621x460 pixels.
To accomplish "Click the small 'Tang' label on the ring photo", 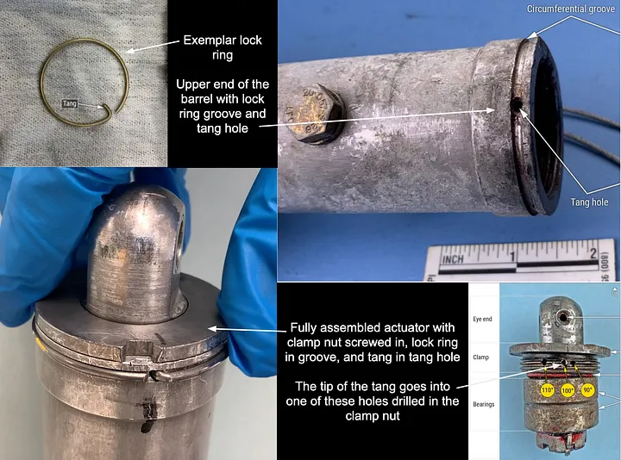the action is [70, 104].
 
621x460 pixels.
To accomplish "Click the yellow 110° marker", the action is [548, 390].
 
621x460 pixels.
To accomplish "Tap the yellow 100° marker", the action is [568, 390].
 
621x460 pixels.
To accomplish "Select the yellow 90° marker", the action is [587, 390].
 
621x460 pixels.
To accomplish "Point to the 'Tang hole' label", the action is [589, 202].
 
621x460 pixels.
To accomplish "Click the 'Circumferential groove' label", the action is [571, 9].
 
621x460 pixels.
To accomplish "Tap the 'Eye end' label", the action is [482, 319].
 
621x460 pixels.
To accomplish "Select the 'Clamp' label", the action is [480, 357].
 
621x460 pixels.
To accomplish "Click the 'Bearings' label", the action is [484, 404].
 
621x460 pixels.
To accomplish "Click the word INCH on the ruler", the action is [453, 259].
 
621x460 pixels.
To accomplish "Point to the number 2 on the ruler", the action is [593, 253].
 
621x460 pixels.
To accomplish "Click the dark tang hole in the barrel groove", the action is [517, 104].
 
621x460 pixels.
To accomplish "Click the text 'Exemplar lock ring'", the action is [223, 47].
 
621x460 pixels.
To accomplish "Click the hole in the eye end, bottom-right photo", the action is [562, 317].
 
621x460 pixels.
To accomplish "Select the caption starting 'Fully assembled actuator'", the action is [373, 343].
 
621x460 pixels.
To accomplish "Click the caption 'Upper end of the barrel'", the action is [223, 106].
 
